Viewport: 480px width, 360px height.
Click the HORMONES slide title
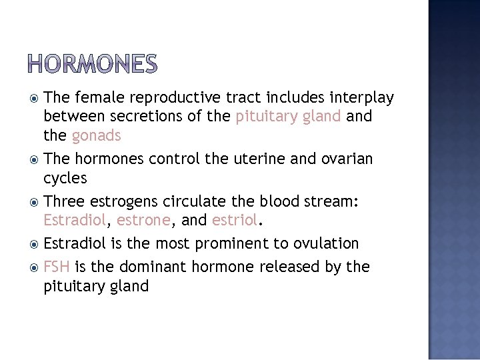[93, 64]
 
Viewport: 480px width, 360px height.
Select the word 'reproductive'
[176, 98]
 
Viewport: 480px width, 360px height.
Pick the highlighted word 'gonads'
[96, 136]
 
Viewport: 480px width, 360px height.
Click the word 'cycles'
[65, 178]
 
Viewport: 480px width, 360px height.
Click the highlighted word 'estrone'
[142, 220]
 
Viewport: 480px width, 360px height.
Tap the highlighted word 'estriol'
[233, 220]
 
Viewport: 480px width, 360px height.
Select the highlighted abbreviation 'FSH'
[57, 267]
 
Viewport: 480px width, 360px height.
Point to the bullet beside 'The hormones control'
[33, 159]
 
